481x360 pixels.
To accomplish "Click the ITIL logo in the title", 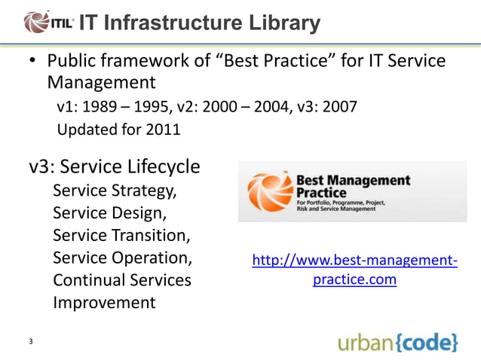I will pyautogui.click(x=49, y=23).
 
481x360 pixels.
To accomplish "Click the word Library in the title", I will pyautogui.click(x=282, y=23).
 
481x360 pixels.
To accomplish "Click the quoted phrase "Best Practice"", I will pyautogui.click(x=268, y=60).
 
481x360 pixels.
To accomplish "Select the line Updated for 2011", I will pyautogui.click(x=118, y=130).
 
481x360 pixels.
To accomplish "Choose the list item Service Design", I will pyautogui.click(x=109, y=212).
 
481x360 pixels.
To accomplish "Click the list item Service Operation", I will pyautogui.click(x=121, y=258).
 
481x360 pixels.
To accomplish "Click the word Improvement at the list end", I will pyautogui.click(x=104, y=303).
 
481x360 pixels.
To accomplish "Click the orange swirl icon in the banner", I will pyautogui.click(x=268, y=192).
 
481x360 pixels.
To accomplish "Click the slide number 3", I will pyautogui.click(x=30, y=343).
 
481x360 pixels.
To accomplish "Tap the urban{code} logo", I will pyautogui.click(x=397, y=343).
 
